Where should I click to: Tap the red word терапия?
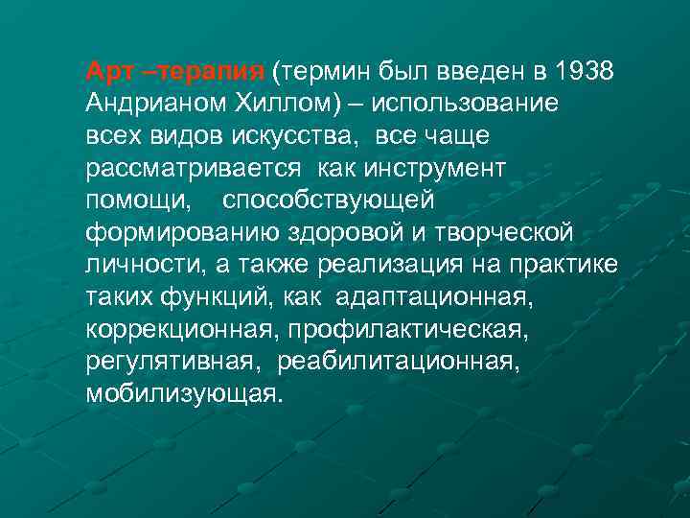(x=212, y=71)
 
